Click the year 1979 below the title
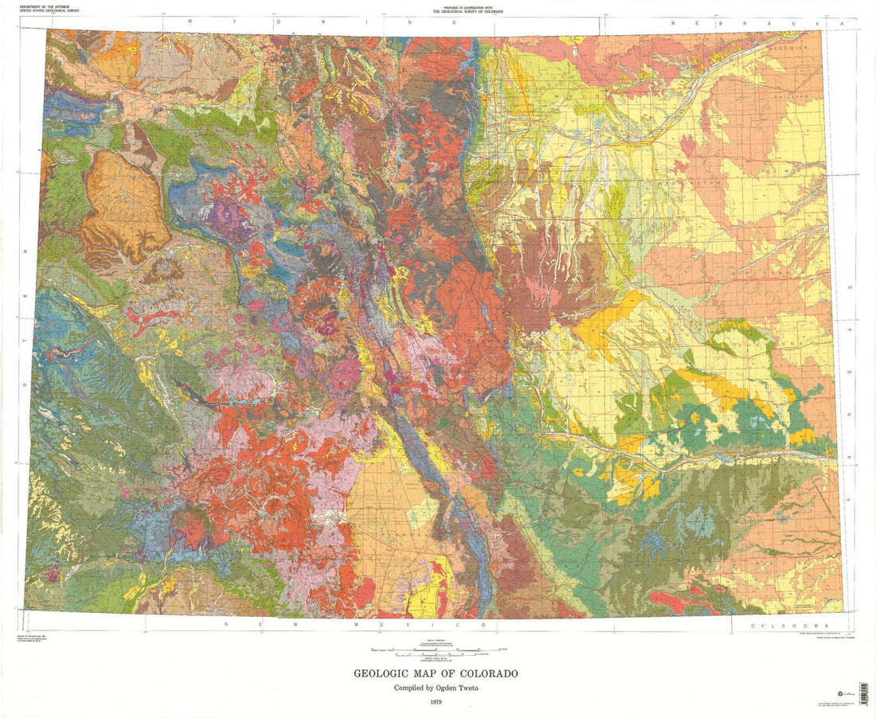coord(436,702)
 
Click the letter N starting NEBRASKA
coord(674,24)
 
